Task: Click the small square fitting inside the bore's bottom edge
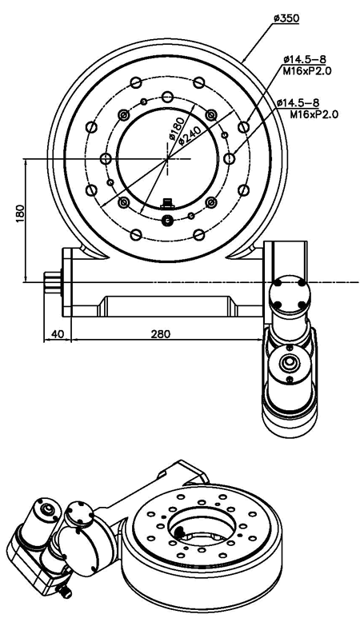point(167,204)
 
